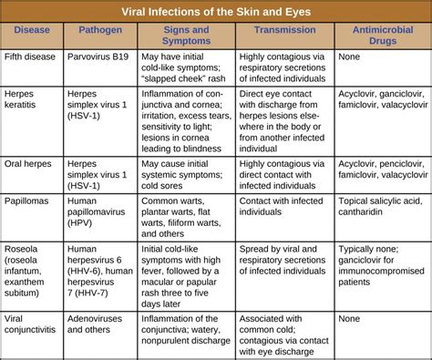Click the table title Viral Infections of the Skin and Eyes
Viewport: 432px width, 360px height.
pyautogui.click(x=215, y=12)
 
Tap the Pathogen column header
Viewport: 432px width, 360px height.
pyautogui.click(x=99, y=35)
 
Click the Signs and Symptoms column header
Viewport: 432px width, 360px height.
pyautogui.click(x=186, y=35)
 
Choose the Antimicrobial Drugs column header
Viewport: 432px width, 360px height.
pyautogui.click(x=379, y=35)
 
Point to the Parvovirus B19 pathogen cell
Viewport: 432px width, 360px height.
pyautogui.click(x=100, y=57)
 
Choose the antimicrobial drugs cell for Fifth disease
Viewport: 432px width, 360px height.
pyautogui.click(x=350, y=57)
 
